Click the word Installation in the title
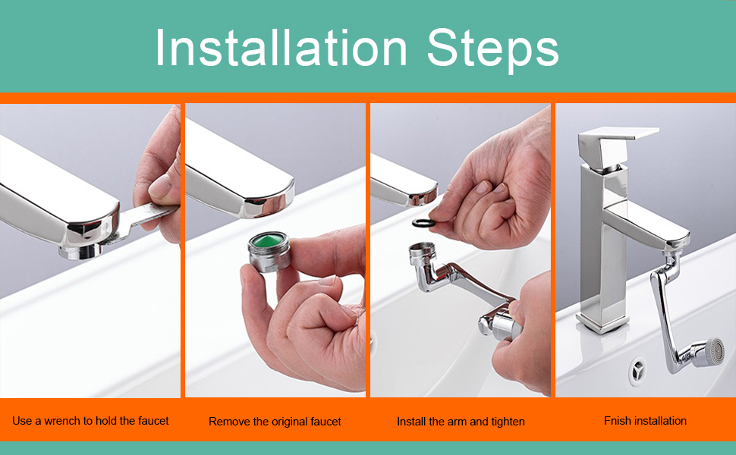(x=282, y=48)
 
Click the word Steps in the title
(x=493, y=50)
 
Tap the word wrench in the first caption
(x=63, y=421)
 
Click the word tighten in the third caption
(x=508, y=422)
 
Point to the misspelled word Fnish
(x=618, y=421)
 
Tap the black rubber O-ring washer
(x=424, y=222)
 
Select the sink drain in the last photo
(x=638, y=369)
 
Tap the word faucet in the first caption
(x=153, y=421)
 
